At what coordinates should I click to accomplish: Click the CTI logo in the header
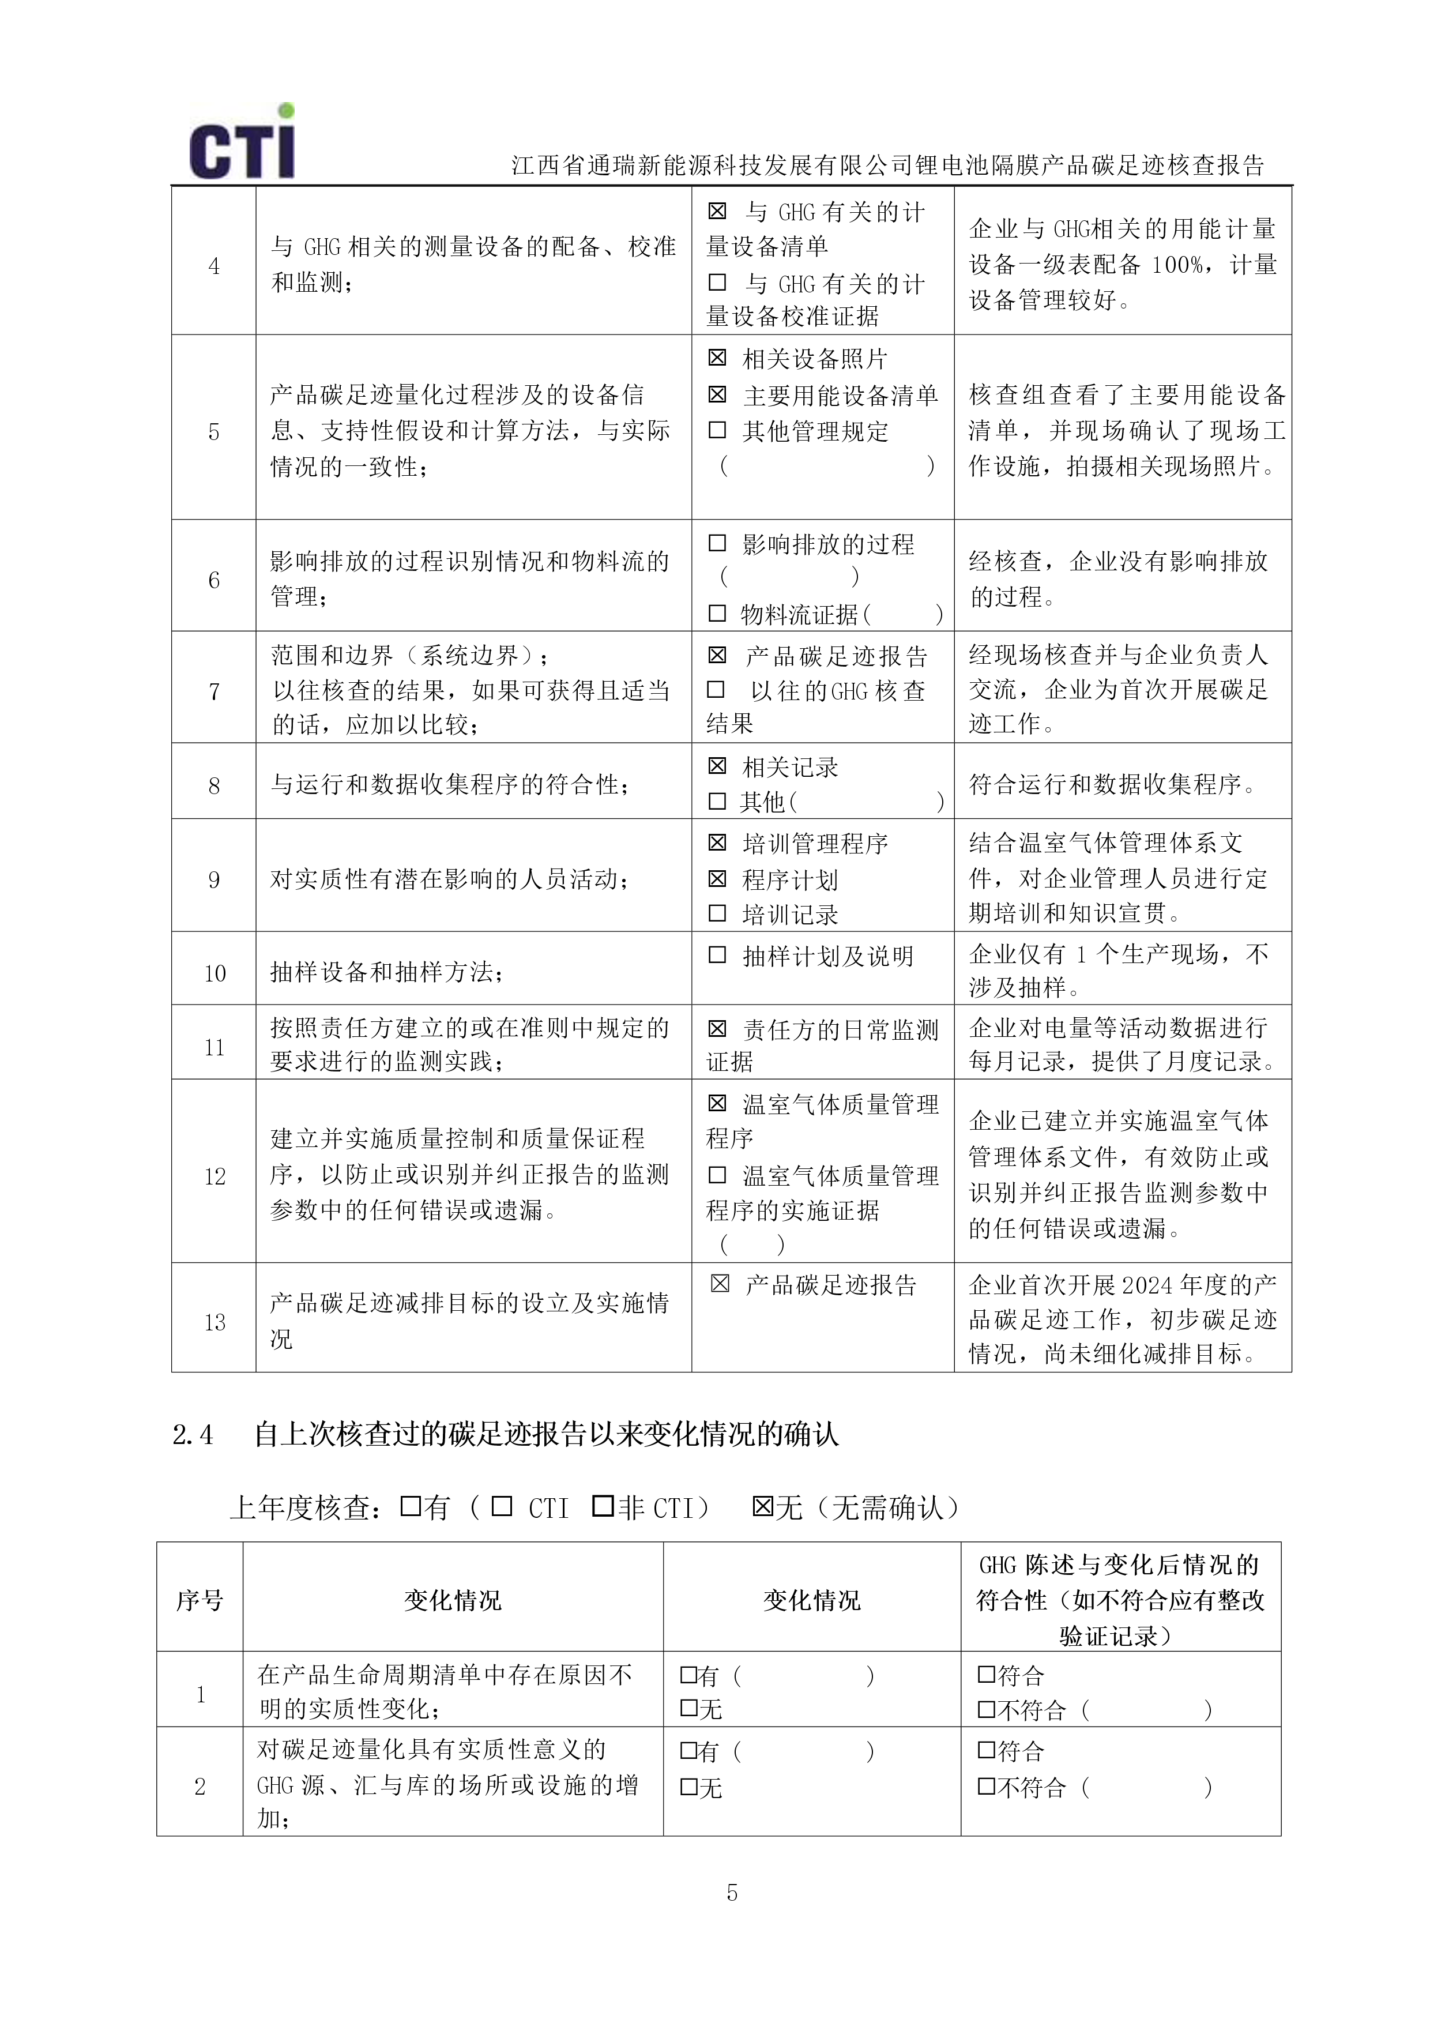[242, 144]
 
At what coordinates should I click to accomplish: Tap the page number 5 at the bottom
[731, 1892]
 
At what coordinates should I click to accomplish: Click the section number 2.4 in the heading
[193, 1435]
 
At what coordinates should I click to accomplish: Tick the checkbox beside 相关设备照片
[717, 358]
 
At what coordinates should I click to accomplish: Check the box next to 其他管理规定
[717, 430]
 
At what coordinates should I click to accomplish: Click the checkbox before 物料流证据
[717, 613]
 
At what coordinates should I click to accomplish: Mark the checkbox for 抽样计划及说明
[717, 955]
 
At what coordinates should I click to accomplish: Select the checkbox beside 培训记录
[717, 913]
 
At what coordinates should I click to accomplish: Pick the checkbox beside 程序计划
[717, 878]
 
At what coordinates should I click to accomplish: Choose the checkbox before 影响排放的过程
[717, 543]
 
